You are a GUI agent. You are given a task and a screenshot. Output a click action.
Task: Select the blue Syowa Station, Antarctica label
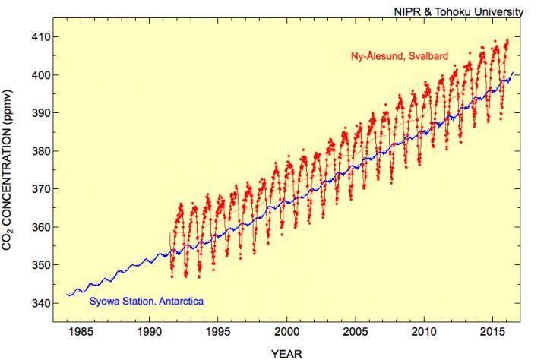click(x=147, y=302)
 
